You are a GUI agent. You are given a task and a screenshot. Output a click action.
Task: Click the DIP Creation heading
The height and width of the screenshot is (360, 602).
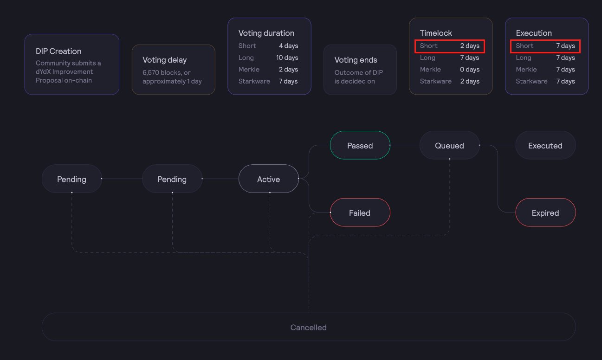click(58, 51)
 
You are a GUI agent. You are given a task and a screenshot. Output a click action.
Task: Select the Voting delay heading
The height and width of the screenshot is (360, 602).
click(165, 60)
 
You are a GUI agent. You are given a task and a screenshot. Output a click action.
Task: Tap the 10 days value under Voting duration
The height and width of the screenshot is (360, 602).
click(287, 58)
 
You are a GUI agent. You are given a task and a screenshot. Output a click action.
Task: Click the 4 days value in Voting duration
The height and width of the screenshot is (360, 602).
click(288, 46)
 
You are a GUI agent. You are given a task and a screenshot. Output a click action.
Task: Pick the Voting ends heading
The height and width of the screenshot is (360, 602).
click(356, 60)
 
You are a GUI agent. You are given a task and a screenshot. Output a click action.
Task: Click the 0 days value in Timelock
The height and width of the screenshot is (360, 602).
click(470, 70)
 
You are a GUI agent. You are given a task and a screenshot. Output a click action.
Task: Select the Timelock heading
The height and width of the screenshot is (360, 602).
click(436, 33)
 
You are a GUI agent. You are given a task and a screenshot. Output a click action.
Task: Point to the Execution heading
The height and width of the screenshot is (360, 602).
click(534, 33)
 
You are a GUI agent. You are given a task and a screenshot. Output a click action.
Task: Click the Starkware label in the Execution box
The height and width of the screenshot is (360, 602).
click(531, 81)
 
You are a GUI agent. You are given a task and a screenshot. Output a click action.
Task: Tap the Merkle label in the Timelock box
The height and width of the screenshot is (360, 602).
click(430, 70)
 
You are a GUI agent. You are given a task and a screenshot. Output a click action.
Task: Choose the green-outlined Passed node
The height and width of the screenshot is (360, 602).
click(360, 146)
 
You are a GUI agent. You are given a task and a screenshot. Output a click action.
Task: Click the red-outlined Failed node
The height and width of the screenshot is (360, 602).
click(360, 213)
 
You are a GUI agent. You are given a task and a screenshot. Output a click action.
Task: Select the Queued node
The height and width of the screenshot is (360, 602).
click(449, 146)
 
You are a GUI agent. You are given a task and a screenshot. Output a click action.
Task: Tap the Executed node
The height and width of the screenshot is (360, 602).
click(545, 146)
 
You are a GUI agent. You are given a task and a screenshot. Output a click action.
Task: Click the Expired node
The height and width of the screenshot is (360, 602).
click(545, 213)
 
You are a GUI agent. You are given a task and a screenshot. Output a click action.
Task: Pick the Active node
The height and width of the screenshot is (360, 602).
click(268, 179)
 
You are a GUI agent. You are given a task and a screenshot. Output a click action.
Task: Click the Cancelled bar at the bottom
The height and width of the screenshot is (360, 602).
click(308, 328)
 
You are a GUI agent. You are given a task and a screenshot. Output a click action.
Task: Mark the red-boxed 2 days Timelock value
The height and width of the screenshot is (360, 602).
click(470, 46)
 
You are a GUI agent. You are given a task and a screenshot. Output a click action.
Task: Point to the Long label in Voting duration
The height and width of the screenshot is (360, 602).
click(246, 58)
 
